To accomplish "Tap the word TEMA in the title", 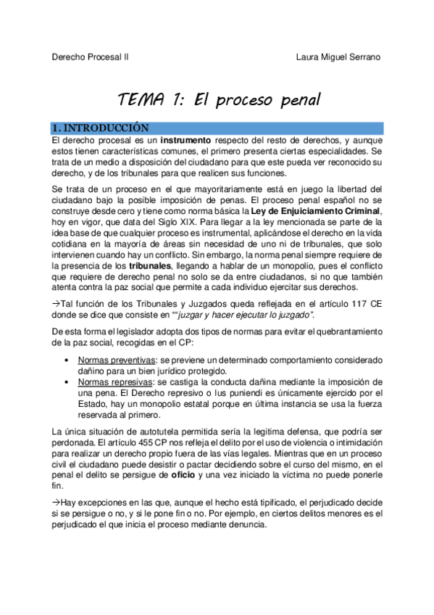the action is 142,99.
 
